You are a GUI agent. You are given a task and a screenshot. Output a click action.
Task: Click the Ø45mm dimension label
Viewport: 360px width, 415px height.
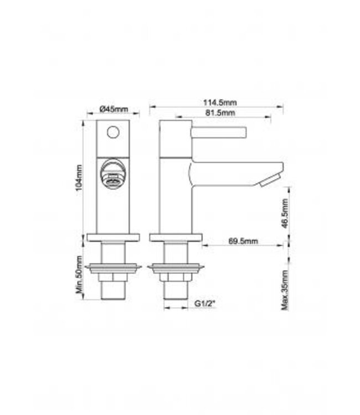click(x=113, y=108)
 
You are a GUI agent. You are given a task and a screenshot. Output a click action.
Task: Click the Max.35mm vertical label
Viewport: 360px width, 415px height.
click(x=285, y=290)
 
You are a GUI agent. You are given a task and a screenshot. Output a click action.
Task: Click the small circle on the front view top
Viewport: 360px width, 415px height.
click(x=113, y=132)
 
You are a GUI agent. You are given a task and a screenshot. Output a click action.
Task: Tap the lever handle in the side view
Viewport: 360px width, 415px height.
click(x=217, y=132)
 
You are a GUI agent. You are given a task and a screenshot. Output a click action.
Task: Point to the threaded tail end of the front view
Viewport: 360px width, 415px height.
click(x=113, y=291)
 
